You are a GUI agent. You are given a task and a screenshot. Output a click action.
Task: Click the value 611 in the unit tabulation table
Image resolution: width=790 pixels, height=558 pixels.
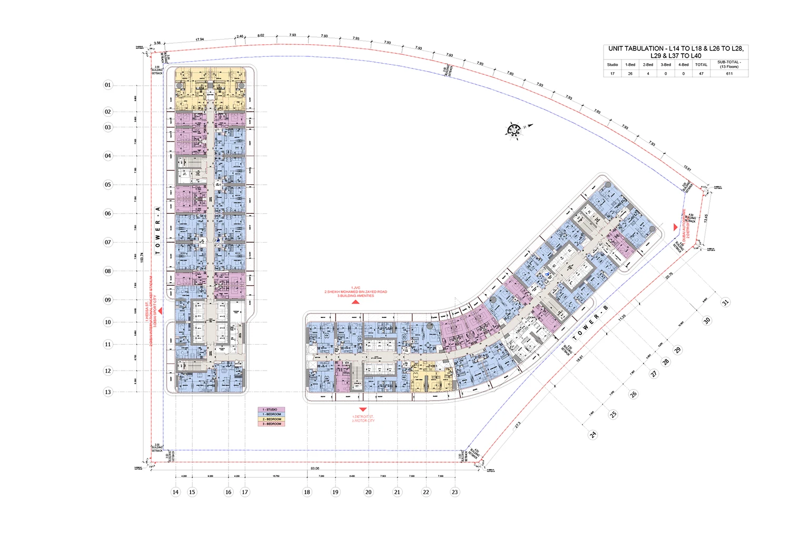click(729, 74)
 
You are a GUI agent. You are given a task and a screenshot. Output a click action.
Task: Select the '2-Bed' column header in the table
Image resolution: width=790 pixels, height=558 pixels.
click(648, 65)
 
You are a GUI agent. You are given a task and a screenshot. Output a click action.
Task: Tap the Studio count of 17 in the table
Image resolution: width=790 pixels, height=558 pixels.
click(612, 74)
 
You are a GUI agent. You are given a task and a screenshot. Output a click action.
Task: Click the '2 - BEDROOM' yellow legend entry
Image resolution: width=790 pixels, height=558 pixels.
click(272, 419)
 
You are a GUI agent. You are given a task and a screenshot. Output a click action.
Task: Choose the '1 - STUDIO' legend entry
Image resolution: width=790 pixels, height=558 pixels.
click(272, 410)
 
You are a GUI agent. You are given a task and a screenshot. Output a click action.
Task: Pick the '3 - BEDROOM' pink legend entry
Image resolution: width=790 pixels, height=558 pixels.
click(272, 424)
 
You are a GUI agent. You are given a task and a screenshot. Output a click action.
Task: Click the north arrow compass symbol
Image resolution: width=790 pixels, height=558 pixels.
click(515, 129)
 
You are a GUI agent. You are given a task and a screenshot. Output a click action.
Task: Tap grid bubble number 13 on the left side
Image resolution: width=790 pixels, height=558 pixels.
click(108, 392)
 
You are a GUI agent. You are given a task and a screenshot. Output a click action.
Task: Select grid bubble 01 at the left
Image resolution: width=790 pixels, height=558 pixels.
click(108, 85)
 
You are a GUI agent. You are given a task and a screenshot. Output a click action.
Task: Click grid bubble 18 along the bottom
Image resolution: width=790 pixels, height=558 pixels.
click(307, 492)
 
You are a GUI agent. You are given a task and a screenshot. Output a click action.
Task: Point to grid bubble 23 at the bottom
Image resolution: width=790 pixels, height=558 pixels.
click(455, 492)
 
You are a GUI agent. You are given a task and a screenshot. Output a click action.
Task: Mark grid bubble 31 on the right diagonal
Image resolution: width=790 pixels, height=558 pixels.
click(725, 302)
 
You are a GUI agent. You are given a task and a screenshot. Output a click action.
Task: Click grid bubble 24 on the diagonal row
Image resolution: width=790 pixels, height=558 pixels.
click(593, 435)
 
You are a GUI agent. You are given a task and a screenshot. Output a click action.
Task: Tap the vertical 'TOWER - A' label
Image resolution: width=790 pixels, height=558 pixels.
click(157, 231)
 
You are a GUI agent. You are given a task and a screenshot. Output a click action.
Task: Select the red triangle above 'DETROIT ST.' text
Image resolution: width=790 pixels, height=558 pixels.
click(363, 410)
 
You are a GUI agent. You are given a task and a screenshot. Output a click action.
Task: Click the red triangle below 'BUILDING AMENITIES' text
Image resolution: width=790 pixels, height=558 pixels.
click(355, 302)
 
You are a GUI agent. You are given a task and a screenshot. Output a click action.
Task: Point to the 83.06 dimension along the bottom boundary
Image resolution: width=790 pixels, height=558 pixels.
click(315, 468)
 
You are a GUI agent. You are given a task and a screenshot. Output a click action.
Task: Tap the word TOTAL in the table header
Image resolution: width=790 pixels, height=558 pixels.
click(701, 65)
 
